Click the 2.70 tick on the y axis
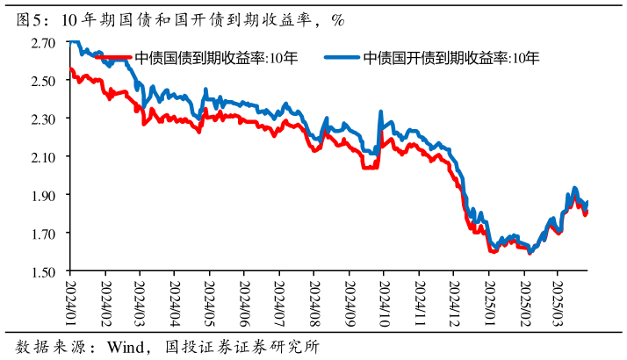(x=43, y=42)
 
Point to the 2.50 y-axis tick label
(x=43, y=81)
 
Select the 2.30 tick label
(x=43, y=119)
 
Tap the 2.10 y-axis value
(x=43, y=157)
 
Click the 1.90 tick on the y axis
(x=43, y=195)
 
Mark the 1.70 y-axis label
(x=43, y=234)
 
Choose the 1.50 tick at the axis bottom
(x=43, y=271)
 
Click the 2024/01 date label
(x=70, y=299)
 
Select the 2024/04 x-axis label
(x=175, y=299)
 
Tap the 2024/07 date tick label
(x=279, y=299)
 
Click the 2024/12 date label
(x=453, y=299)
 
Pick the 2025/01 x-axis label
(x=488, y=299)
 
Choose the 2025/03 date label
(x=557, y=299)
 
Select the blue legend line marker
(x=342, y=59)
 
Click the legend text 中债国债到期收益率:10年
(x=216, y=59)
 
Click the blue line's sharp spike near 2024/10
(x=380, y=112)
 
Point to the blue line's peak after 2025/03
(x=574, y=188)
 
